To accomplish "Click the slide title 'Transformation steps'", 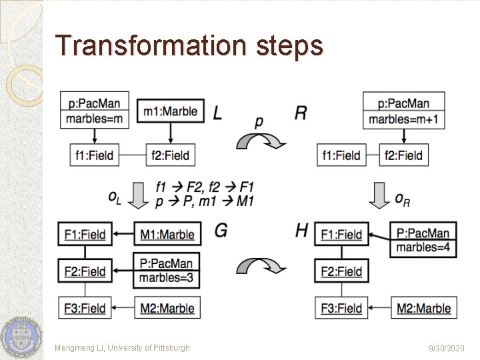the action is click(189, 45).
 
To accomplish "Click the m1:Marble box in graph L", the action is click(170, 111).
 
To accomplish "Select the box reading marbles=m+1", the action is click(403, 119).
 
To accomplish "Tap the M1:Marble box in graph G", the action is click(167, 234).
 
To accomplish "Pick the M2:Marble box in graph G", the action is click(167, 308).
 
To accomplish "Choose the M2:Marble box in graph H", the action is click(423, 308).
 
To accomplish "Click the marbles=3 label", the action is click(167, 277).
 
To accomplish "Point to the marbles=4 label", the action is click(423, 247).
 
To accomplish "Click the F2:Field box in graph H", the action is click(341, 271).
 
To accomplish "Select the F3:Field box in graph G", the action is click(85, 308).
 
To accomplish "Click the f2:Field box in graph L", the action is click(170, 155).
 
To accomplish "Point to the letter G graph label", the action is click(221, 231).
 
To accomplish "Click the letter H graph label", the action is click(301, 231).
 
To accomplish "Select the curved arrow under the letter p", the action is click(261, 141).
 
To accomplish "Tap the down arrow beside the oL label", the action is click(138, 196).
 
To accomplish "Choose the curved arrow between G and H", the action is click(261, 265).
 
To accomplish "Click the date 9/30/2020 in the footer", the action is click(447, 348).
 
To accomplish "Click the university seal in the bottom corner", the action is click(21, 337).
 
